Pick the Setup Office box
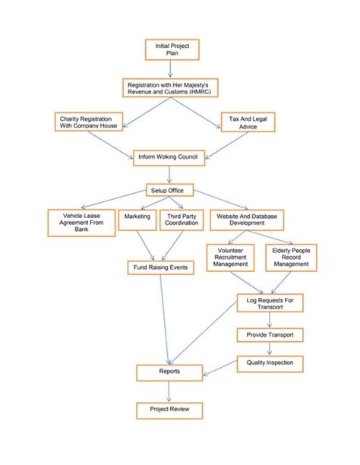point(169,190)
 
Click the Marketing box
point(137,220)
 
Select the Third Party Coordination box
point(182,220)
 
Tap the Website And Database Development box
point(247,220)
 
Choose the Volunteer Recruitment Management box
point(232,257)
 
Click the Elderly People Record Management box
point(290,257)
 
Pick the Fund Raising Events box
point(159,267)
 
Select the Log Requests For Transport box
point(270,302)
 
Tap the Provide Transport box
point(270,334)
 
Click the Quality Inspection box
point(270,363)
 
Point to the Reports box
point(169,372)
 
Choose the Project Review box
point(169,410)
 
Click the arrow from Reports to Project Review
point(169,391)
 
